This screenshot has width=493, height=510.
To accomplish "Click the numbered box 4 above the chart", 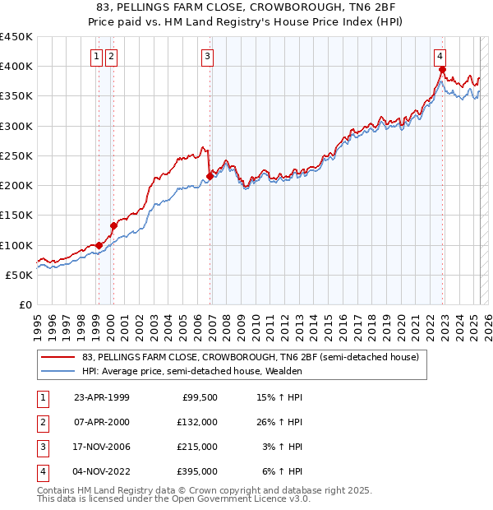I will [x=440, y=56].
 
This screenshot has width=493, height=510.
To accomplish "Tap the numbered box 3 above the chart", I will [x=208, y=56].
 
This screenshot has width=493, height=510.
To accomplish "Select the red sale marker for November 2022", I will [x=442, y=69].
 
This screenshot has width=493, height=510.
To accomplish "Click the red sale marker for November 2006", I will [x=210, y=176].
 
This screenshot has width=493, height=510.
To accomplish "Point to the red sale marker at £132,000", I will [x=113, y=225].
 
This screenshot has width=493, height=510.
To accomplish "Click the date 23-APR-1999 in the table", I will [x=102, y=397].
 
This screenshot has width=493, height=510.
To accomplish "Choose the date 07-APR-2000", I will [x=102, y=422].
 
